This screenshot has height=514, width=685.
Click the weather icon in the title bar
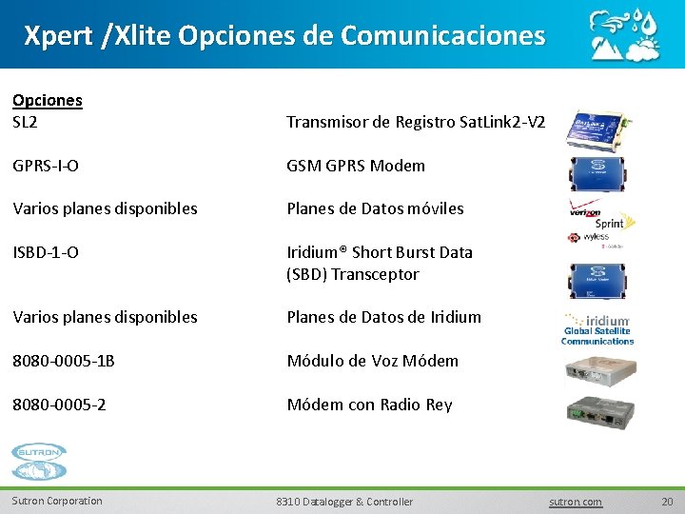[623, 34]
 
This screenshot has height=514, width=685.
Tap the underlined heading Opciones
[47, 100]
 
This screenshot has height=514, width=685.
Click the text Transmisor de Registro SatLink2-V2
[416, 122]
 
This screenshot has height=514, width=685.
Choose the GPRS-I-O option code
[46, 166]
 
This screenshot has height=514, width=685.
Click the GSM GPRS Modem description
[356, 166]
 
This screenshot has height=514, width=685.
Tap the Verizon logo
[584, 213]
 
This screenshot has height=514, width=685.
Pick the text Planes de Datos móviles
[375, 208]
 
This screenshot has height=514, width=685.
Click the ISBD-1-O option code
[46, 252]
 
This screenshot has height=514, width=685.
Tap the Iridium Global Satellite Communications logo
[597, 328]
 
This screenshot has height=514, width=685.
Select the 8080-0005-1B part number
[63, 361]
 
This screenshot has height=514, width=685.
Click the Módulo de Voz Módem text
[372, 361]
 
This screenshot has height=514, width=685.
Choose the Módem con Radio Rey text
[369, 405]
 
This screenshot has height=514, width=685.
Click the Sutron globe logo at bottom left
[39, 463]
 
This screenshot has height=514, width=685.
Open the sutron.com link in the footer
[577, 502]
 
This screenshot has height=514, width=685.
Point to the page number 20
[666, 502]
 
